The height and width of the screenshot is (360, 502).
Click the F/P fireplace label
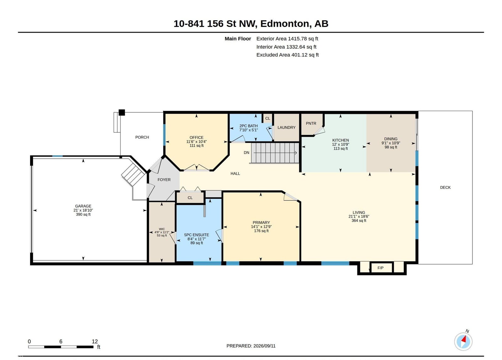click(380, 268)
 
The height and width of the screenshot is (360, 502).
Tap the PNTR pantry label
click(311, 124)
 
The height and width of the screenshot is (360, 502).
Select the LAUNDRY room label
click(286, 127)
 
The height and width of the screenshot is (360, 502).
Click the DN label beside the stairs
click(247, 152)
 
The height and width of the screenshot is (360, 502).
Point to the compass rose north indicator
click(463, 341)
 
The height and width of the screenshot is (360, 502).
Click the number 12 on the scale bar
click(95, 341)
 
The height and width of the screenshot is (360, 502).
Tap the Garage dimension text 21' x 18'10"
click(83, 210)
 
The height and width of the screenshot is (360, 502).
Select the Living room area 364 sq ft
click(359, 220)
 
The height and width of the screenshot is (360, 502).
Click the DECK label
click(445, 188)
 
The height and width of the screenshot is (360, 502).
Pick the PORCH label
click(142, 137)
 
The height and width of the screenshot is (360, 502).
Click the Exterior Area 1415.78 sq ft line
click(287, 39)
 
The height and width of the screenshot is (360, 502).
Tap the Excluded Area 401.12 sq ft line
click(287, 55)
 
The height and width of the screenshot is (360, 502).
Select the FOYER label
click(164, 180)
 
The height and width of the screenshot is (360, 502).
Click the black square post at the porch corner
click(122, 113)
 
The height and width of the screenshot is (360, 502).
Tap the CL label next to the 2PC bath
click(268, 119)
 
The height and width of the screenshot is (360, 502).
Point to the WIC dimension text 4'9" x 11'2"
click(162, 232)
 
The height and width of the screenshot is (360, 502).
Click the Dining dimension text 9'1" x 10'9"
click(391, 143)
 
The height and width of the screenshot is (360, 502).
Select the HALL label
click(235, 174)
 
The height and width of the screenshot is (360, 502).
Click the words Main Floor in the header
click(238, 39)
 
